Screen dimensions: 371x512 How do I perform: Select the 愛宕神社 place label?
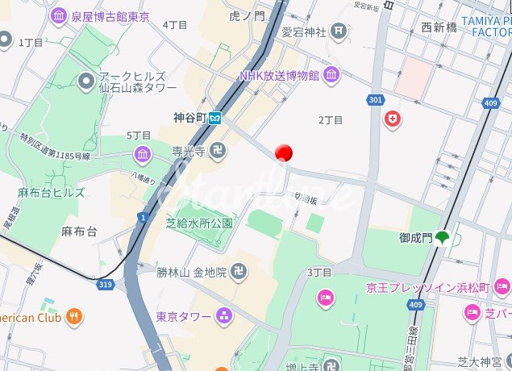304,32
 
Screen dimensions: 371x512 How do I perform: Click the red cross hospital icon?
393,119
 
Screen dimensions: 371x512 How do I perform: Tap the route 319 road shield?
105,284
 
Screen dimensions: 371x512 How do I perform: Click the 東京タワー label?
185,316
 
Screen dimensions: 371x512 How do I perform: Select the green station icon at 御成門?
443,238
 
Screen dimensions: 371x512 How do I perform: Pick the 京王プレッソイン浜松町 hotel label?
427,288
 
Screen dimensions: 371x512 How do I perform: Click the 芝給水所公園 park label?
199,223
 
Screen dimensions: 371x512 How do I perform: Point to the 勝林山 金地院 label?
192,273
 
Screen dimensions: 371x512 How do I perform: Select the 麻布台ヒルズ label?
52,193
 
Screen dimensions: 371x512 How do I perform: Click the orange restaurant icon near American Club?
74,316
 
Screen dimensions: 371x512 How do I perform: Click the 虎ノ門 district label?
246,15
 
